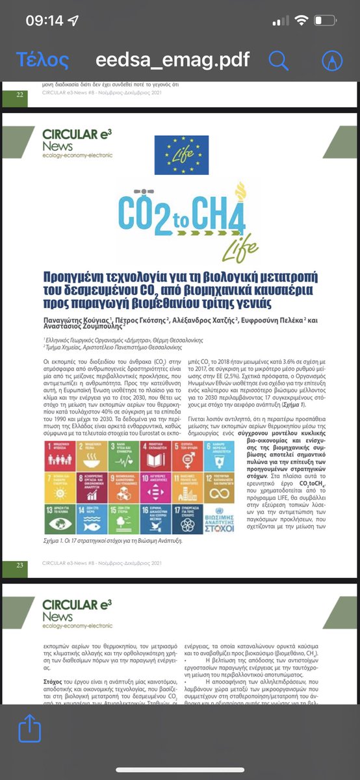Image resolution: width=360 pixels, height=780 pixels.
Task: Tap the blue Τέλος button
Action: tap(42, 60)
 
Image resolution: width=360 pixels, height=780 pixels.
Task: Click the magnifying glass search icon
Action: tap(279, 60)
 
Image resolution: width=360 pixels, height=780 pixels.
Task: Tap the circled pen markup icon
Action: tap(332, 60)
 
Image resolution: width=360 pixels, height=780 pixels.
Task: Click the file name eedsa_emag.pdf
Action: tap(172, 60)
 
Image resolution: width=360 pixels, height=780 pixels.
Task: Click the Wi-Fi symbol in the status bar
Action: tap(301, 20)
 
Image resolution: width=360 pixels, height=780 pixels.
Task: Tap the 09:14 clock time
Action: tap(45, 21)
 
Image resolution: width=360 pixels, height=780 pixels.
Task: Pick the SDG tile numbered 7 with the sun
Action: tap(57, 481)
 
